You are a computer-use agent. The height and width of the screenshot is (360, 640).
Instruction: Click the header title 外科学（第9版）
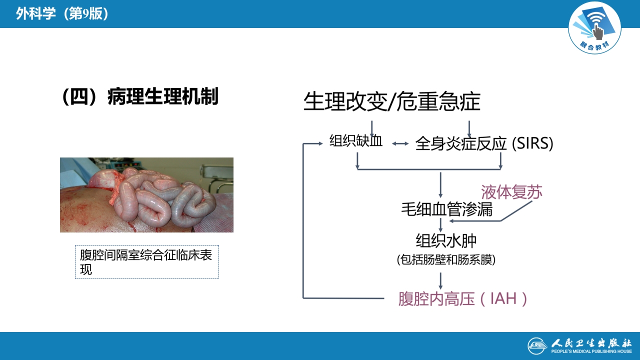point(62,13)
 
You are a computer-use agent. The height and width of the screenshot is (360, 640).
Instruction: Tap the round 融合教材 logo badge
point(594,27)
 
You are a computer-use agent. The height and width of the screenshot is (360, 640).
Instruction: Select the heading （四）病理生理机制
point(140,96)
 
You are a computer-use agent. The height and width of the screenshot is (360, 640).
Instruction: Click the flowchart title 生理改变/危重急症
point(391,102)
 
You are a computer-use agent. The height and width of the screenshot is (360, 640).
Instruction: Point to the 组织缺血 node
point(356,141)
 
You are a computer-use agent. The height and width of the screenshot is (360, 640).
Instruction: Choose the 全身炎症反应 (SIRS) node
point(484,144)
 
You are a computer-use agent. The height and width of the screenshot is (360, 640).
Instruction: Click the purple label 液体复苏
point(511,192)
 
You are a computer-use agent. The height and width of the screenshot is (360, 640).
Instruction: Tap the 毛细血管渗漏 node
point(446,209)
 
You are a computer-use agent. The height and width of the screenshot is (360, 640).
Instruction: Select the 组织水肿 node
point(446,240)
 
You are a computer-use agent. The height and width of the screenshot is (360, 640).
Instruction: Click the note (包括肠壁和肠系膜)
point(446,260)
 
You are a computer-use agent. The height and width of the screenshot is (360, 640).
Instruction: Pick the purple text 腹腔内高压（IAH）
point(463,299)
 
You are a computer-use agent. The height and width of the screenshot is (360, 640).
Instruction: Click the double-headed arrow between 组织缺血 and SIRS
point(400,144)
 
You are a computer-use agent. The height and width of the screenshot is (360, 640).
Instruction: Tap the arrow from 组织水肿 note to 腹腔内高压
point(440,280)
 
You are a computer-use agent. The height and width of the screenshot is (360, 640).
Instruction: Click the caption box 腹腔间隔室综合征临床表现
point(146,262)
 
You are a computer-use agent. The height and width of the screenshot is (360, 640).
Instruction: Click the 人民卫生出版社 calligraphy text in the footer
point(591,343)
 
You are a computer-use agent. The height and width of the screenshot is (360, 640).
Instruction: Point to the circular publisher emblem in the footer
point(537,345)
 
